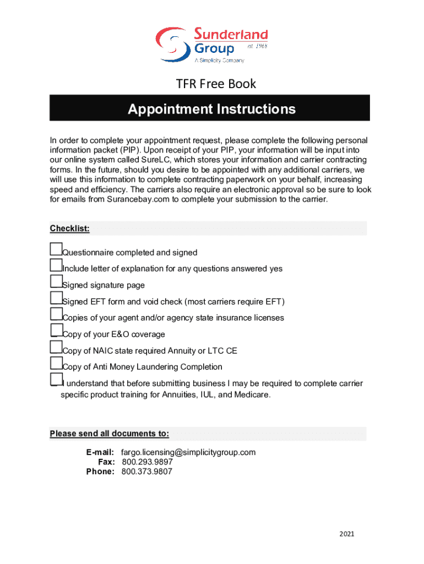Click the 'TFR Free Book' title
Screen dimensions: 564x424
click(x=216, y=84)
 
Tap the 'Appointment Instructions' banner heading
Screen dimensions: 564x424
click(x=211, y=109)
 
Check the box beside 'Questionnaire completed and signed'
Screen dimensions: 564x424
click(x=56, y=249)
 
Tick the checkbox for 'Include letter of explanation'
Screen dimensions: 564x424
click(x=56, y=265)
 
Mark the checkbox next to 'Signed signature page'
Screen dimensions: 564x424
click(x=56, y=281)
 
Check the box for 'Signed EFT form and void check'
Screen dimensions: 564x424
click(x=56, y=298)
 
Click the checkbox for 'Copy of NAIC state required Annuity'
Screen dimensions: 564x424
click(x=56, y=347)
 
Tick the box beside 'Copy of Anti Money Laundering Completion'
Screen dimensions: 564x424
click(x=56, y=363)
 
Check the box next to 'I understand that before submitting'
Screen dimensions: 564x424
click(x=56, y=379)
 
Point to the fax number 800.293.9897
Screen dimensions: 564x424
click(x=146, y=462)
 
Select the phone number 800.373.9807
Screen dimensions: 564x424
click(x=146, y=471)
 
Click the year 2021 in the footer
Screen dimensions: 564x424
click(x=347, y=534)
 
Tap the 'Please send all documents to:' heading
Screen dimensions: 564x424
click(x=110, y=433)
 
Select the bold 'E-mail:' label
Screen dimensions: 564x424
click(x=100, y=452)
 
